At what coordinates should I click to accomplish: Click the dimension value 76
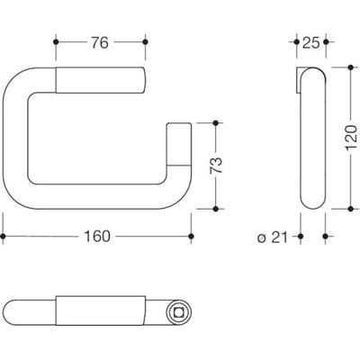coord(100,43)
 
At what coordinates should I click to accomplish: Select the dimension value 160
coord(97,237)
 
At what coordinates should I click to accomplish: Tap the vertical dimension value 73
coord(217,166)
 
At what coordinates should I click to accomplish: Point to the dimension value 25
coord(310,43)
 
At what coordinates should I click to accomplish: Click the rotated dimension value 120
coord(351,139)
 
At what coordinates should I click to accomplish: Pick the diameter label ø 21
coord(273,238)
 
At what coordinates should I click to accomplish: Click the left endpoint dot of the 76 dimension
coord(56,42)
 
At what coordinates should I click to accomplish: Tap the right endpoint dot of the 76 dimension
coord(145,42)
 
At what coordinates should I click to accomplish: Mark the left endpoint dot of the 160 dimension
coord(3,237)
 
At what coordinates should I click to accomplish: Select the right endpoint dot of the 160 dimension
coord(191,237)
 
